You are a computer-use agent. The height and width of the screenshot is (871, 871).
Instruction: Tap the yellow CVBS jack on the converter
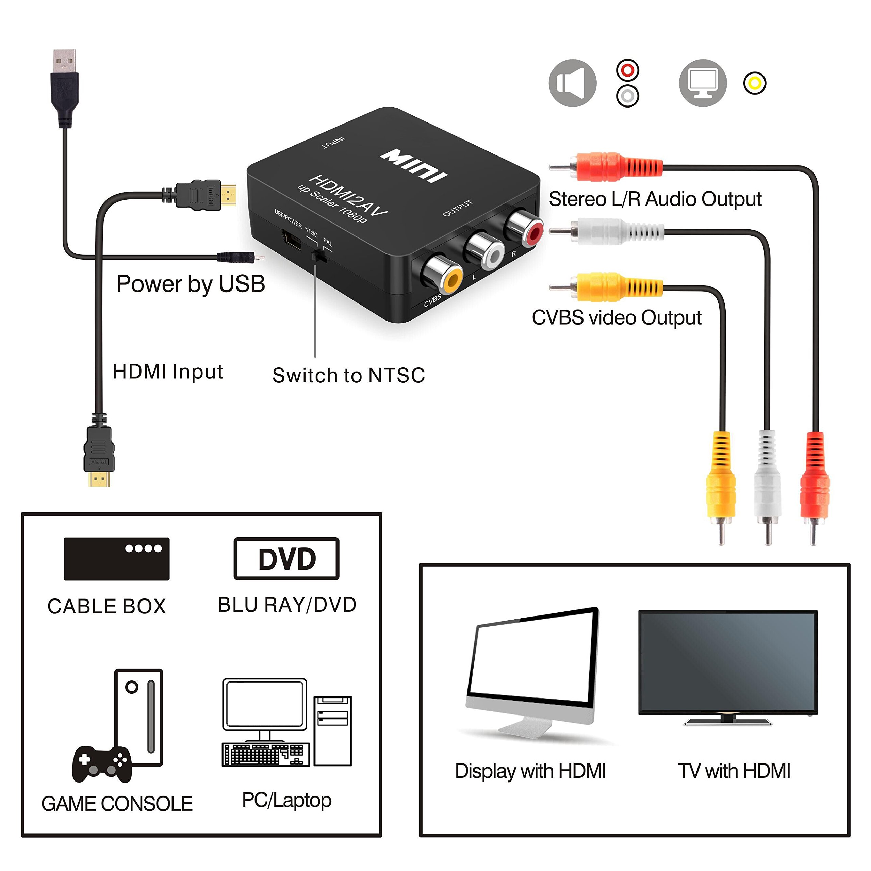click(x=447, y=278)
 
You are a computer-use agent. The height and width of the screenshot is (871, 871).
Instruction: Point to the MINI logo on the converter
click(x=414, y=165)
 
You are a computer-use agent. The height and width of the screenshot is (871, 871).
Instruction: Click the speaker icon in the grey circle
click(x=572, y=83)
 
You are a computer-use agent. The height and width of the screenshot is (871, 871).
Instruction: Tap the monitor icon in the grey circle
click(x=702, y=83)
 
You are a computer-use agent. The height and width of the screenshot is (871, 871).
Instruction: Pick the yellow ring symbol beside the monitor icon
click(x=754, y=83)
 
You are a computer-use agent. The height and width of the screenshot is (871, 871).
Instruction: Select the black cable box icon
click(x=116, y=559)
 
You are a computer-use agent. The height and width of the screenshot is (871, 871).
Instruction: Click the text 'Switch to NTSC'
click(x=348, y=375)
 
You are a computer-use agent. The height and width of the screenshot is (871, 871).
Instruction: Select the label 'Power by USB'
click(x=191, y=284)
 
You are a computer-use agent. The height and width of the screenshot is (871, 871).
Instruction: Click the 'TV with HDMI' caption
click(x=734, y=771)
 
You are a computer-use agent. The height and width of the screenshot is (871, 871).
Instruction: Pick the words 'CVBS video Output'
click(x=616, y=318)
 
